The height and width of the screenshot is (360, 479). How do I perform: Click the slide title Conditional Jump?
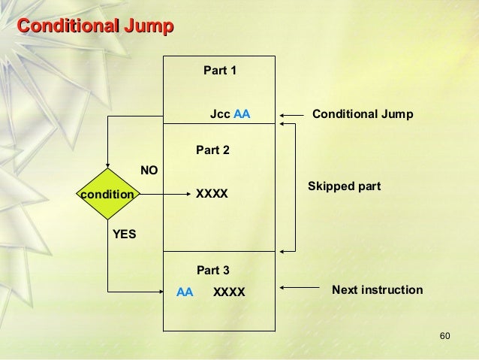click(x=95, y=27)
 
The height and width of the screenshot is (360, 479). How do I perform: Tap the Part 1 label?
click(x=220, y=71)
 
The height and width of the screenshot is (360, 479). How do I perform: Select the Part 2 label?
click(x=212, y=150)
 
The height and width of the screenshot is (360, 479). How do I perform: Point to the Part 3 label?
click(x=212, y=270)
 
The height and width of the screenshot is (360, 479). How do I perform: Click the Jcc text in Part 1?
click(x=220, y=115)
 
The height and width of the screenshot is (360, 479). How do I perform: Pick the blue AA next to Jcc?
click(x=242, y=115)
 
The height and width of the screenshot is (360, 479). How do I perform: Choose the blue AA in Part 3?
click(x=185, y=292)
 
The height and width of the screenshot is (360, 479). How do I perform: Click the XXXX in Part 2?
click(x=212, y=194)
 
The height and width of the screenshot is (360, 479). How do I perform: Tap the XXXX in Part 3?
click(x=229, y=292)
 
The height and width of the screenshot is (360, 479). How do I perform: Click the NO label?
click(x=149, y=171)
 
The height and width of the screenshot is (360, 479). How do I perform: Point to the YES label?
click(x=125, y=234)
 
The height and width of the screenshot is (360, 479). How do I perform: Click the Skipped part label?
click(x=344, y=186)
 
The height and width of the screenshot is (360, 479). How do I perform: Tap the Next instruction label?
click(x=377, y=290)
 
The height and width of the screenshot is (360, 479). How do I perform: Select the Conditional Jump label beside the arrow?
click(x=363, y=114)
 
